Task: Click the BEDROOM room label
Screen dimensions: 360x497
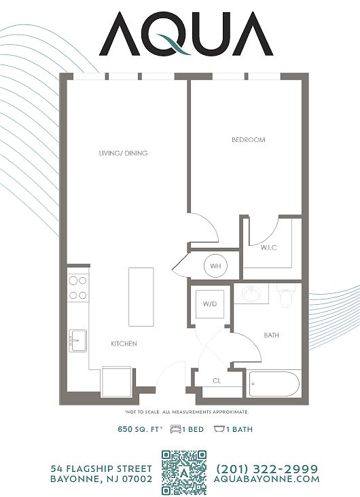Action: pos(249,140)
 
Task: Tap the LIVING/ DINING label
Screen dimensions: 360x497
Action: pos(124,153)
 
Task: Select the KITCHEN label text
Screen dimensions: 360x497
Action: pos(124,344)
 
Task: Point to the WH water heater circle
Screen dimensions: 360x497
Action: pos(215,265)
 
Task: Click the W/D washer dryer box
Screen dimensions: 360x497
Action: pos(210,304)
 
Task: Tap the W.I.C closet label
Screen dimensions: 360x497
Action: pos(269,248)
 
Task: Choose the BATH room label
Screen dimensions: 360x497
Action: pos(272,335)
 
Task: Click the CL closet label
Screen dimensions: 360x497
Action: pos(217,381)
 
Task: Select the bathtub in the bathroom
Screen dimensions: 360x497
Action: pos(274,384)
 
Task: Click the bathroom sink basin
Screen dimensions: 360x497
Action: pos(252,294)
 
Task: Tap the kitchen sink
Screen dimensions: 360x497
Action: pos(77,341)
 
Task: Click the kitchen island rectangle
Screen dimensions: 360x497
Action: pos(141,297)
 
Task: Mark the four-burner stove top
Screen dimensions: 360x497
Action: pos(78,288)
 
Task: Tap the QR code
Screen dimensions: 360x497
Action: pos(184,473)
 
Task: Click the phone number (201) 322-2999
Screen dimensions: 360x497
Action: pos(267,468)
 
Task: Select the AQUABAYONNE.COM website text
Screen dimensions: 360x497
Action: pos(266,479)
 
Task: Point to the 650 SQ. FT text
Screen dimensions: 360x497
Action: pos(140,430)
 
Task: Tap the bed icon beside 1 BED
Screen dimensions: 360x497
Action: pos(175,430)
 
